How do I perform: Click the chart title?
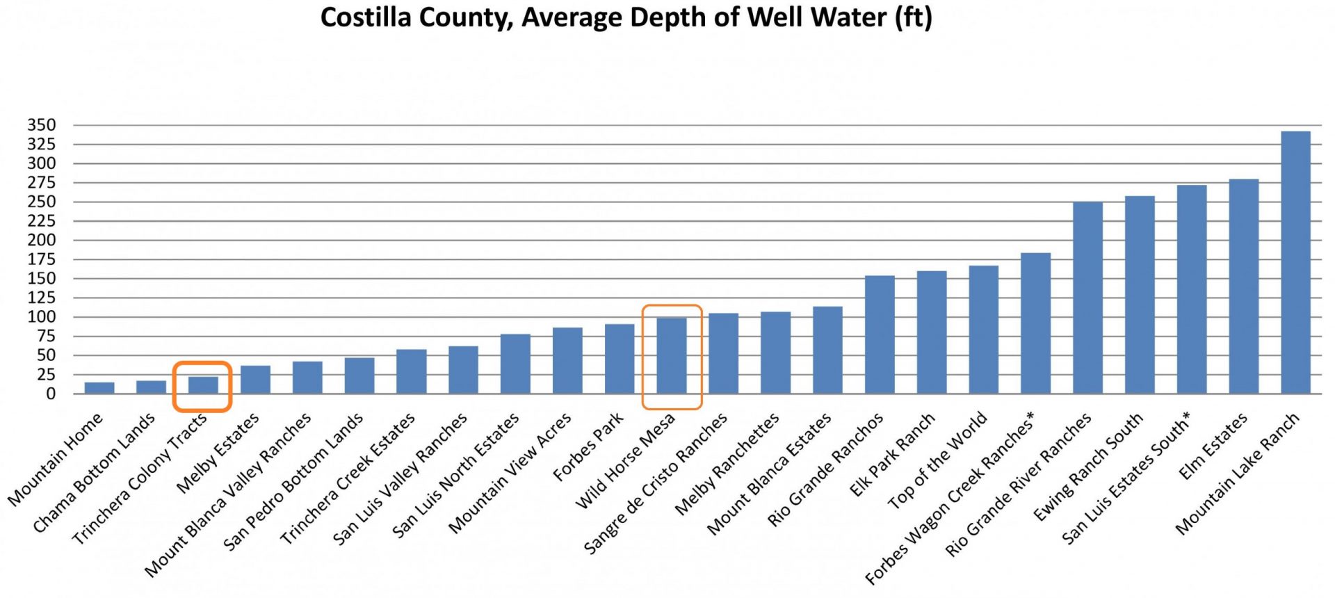click(626, 17)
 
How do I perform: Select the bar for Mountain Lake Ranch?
click(1295, 262)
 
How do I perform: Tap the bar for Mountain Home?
click(99, 388)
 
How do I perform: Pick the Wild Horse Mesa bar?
click(672, 355)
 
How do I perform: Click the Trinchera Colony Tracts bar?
click(203, 385)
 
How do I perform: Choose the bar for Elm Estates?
click(1244, 286)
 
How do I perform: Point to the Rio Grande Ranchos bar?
click(880, 334)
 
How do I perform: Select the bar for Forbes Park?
click(620, 359)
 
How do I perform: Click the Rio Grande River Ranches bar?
click(1087, 298)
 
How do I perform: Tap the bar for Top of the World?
click(984, 330)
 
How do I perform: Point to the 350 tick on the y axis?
click(42, 125)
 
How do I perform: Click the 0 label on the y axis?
click(51, 394)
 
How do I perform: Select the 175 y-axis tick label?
click(42, 259)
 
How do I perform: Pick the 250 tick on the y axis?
click(42, 202)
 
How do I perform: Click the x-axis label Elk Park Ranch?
click(892, 455)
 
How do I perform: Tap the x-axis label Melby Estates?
click(218, 453)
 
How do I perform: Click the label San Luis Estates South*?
click(1126, 477)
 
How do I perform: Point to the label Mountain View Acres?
click(510, 473)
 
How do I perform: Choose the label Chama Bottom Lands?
click(94, 473)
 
